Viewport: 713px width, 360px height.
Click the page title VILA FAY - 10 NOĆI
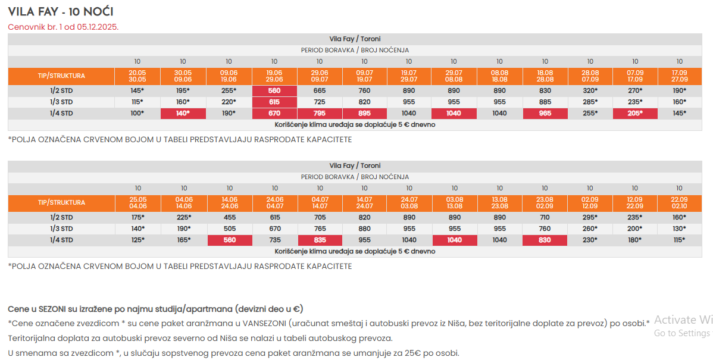pyautogui.click(x=61, y=12)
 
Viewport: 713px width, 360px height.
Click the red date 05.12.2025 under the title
pyautogui.click(x=98, y=27)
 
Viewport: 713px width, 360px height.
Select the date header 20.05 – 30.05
pyautogui.click(x=137, y=76)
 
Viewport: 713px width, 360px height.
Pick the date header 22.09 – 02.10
pyautogui.click(x=679, y=203)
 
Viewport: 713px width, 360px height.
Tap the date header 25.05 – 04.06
pyautogui.click(x=138, y=203)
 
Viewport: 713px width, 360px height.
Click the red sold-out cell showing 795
pyautogui.click(x=320, y=113)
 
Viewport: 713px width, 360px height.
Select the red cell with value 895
pyautogui.click(x=364, y=113)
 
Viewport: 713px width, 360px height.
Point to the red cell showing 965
pyautogui.click(x=545, y=113)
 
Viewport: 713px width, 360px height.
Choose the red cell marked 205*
pyautogui.click(x=635, y=113)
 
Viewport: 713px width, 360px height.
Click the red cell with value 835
pyautogui.click(x=320, y=240)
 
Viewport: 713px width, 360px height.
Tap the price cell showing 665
pyautogui.click(x=320, y=91)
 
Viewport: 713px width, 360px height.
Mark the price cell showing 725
pyautogui.click(x=320, y=102)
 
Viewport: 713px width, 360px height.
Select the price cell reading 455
pyautogui.click(x=230, y=217)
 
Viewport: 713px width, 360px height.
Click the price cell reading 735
pyautogui.click(x=275, y=240)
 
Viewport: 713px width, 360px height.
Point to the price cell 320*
pyautogui.click(x=590, y=91)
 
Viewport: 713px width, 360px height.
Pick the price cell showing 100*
pyautogui.click(x=137, y=113)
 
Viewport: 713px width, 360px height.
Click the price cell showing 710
pyautogui.click(x=545, y=217)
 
